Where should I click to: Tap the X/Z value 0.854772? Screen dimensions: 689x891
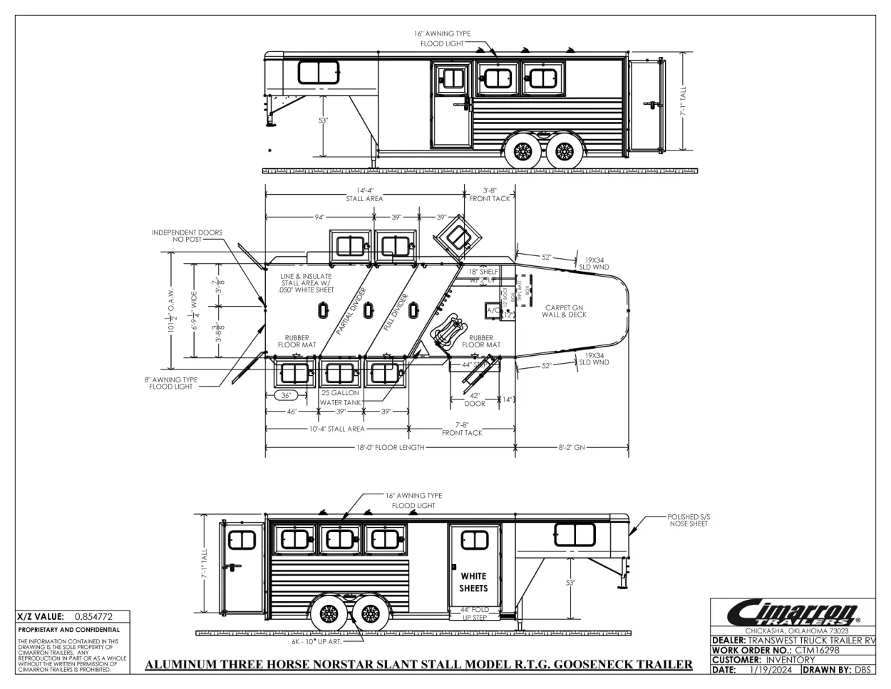[x=93, y=616]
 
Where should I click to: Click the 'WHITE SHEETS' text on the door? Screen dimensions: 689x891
[x=473, y=582]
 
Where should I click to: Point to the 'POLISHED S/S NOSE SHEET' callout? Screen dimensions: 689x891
[x=688, y=520]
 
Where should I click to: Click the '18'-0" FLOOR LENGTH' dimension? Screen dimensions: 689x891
[x=391, y=448]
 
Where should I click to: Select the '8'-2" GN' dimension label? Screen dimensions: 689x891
[x=572, y=448]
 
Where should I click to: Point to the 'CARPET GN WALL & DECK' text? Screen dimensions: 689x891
[x=564, y=311]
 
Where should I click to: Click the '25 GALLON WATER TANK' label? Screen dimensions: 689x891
[x=340, y=397]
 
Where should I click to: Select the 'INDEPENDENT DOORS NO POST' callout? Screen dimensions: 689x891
[x=187, y=236]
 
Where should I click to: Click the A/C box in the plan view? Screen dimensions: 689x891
[x=493, y=311]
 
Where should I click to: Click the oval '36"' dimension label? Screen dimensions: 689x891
[x=285, y=396]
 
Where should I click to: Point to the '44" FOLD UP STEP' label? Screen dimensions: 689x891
[x=475, y=613]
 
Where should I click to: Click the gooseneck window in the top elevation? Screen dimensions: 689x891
[x=319, y=72]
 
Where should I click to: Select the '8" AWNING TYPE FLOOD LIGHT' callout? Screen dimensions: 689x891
[x=171, y=383]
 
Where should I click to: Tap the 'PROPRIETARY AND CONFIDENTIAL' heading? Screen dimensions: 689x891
[x=69, y=630]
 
